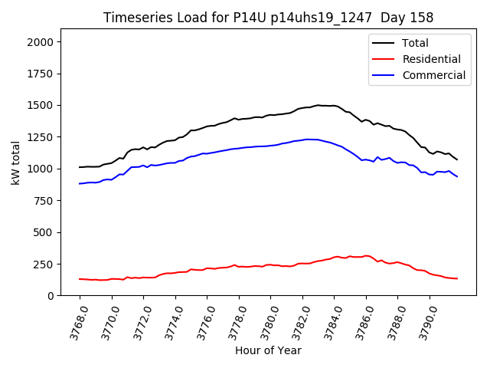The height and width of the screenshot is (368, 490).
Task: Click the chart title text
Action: coord(257,18)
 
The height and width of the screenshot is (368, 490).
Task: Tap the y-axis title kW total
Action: coord(15,162)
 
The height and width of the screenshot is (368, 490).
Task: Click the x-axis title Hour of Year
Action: coord(268,350)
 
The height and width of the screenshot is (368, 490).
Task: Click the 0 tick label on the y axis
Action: coord(51,296)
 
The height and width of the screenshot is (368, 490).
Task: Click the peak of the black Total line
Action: coord(318,105)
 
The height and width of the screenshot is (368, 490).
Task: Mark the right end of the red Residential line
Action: coord(457,278)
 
